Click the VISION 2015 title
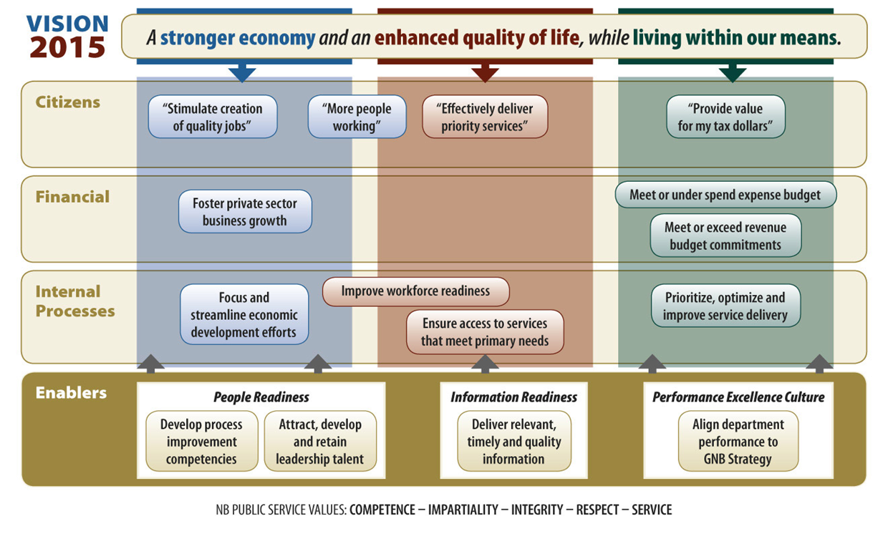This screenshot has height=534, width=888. click(67, 36)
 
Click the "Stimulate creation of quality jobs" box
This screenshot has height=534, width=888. click(213, 117)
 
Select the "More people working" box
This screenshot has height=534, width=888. click(357, 117)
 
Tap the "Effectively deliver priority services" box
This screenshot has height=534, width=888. click(485, 117)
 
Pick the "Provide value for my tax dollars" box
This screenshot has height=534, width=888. click(725, 117)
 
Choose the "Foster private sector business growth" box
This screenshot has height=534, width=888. click(245, 211)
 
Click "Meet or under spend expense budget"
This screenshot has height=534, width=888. click(725, 195)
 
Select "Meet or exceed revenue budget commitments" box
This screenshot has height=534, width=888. click(725, 236)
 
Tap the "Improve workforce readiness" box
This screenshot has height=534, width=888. click(416, 291)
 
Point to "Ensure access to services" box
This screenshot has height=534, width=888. click(485, 331)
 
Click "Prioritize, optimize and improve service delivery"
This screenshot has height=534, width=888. click(725, 306)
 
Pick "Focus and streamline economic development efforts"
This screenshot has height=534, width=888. click(244, 314)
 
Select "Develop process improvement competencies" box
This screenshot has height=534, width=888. click(202, 441)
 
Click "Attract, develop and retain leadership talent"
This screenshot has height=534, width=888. click(320, 441)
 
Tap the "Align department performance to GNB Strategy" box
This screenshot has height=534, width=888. click(738, 441)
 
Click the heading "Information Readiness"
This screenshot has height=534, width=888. click(513, 397)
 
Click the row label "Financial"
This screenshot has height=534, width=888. click(72, 197)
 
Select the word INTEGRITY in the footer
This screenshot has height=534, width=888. click(537, 510)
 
